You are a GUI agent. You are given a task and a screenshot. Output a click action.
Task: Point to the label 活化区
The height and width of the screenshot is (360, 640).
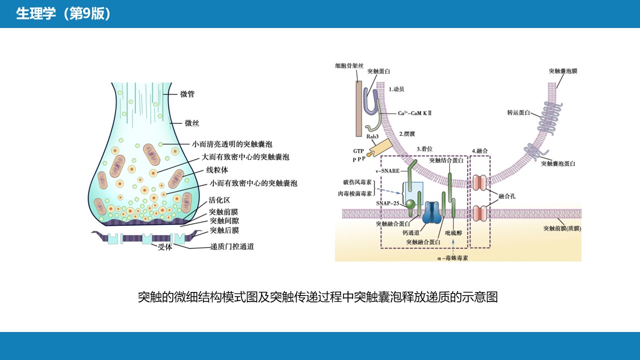219,200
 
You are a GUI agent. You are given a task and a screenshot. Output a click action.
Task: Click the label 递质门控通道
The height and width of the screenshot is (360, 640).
232,246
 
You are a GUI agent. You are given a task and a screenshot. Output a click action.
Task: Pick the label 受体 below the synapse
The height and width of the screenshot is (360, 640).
164,247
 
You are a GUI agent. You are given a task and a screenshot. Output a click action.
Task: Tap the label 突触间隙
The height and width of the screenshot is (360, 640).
224,220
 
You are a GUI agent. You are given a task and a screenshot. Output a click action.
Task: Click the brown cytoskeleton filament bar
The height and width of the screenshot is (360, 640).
358,107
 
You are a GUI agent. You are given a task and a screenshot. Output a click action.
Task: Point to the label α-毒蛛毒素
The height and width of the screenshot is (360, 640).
452,258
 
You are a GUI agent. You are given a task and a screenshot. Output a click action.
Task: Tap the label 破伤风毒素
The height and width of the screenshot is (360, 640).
357,182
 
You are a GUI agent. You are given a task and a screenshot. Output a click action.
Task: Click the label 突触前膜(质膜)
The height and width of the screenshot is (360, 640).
562,228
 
